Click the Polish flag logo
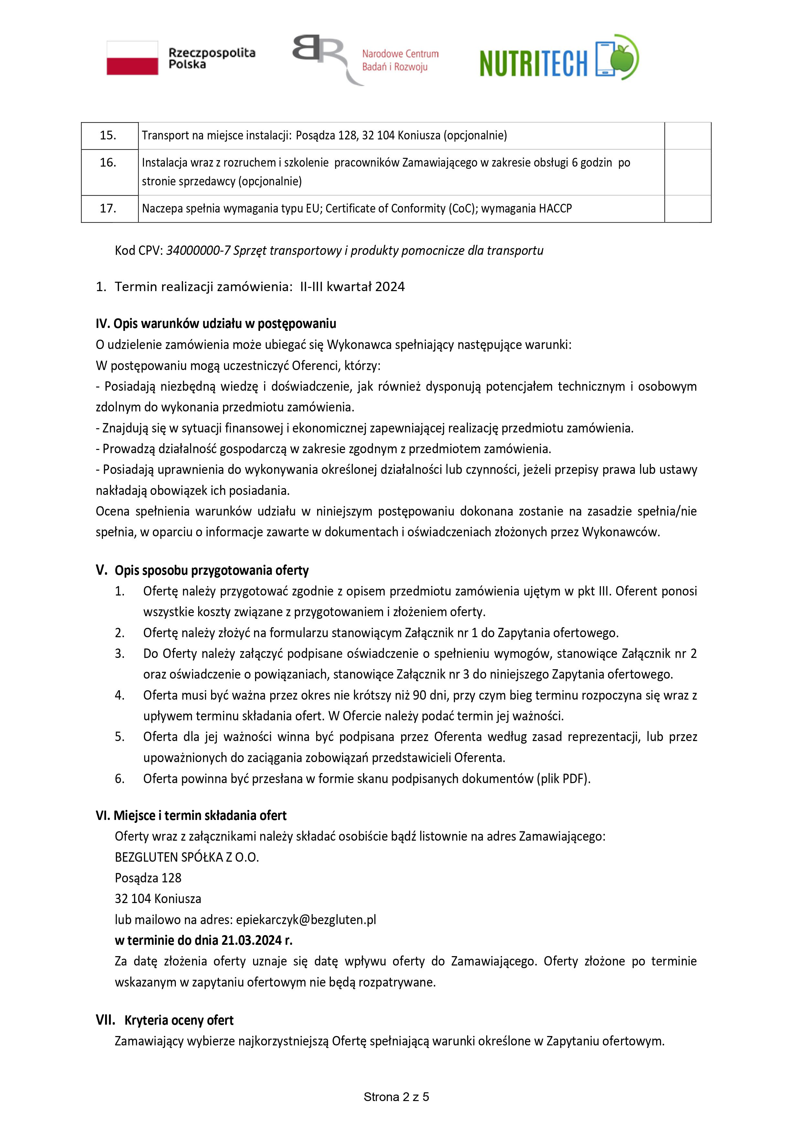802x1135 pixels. coord(133,58)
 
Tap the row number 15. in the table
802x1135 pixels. coord(108,136)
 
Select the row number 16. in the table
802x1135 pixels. coord(108,163)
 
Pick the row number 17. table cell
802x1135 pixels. coord(108,209)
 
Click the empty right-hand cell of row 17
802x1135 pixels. coord(687,209)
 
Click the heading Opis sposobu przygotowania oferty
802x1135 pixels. coord(211,571)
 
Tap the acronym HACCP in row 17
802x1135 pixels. coord(555,209)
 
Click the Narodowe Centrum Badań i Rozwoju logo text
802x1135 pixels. coord(400,60)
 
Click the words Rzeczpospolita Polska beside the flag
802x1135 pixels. coord(211,58)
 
